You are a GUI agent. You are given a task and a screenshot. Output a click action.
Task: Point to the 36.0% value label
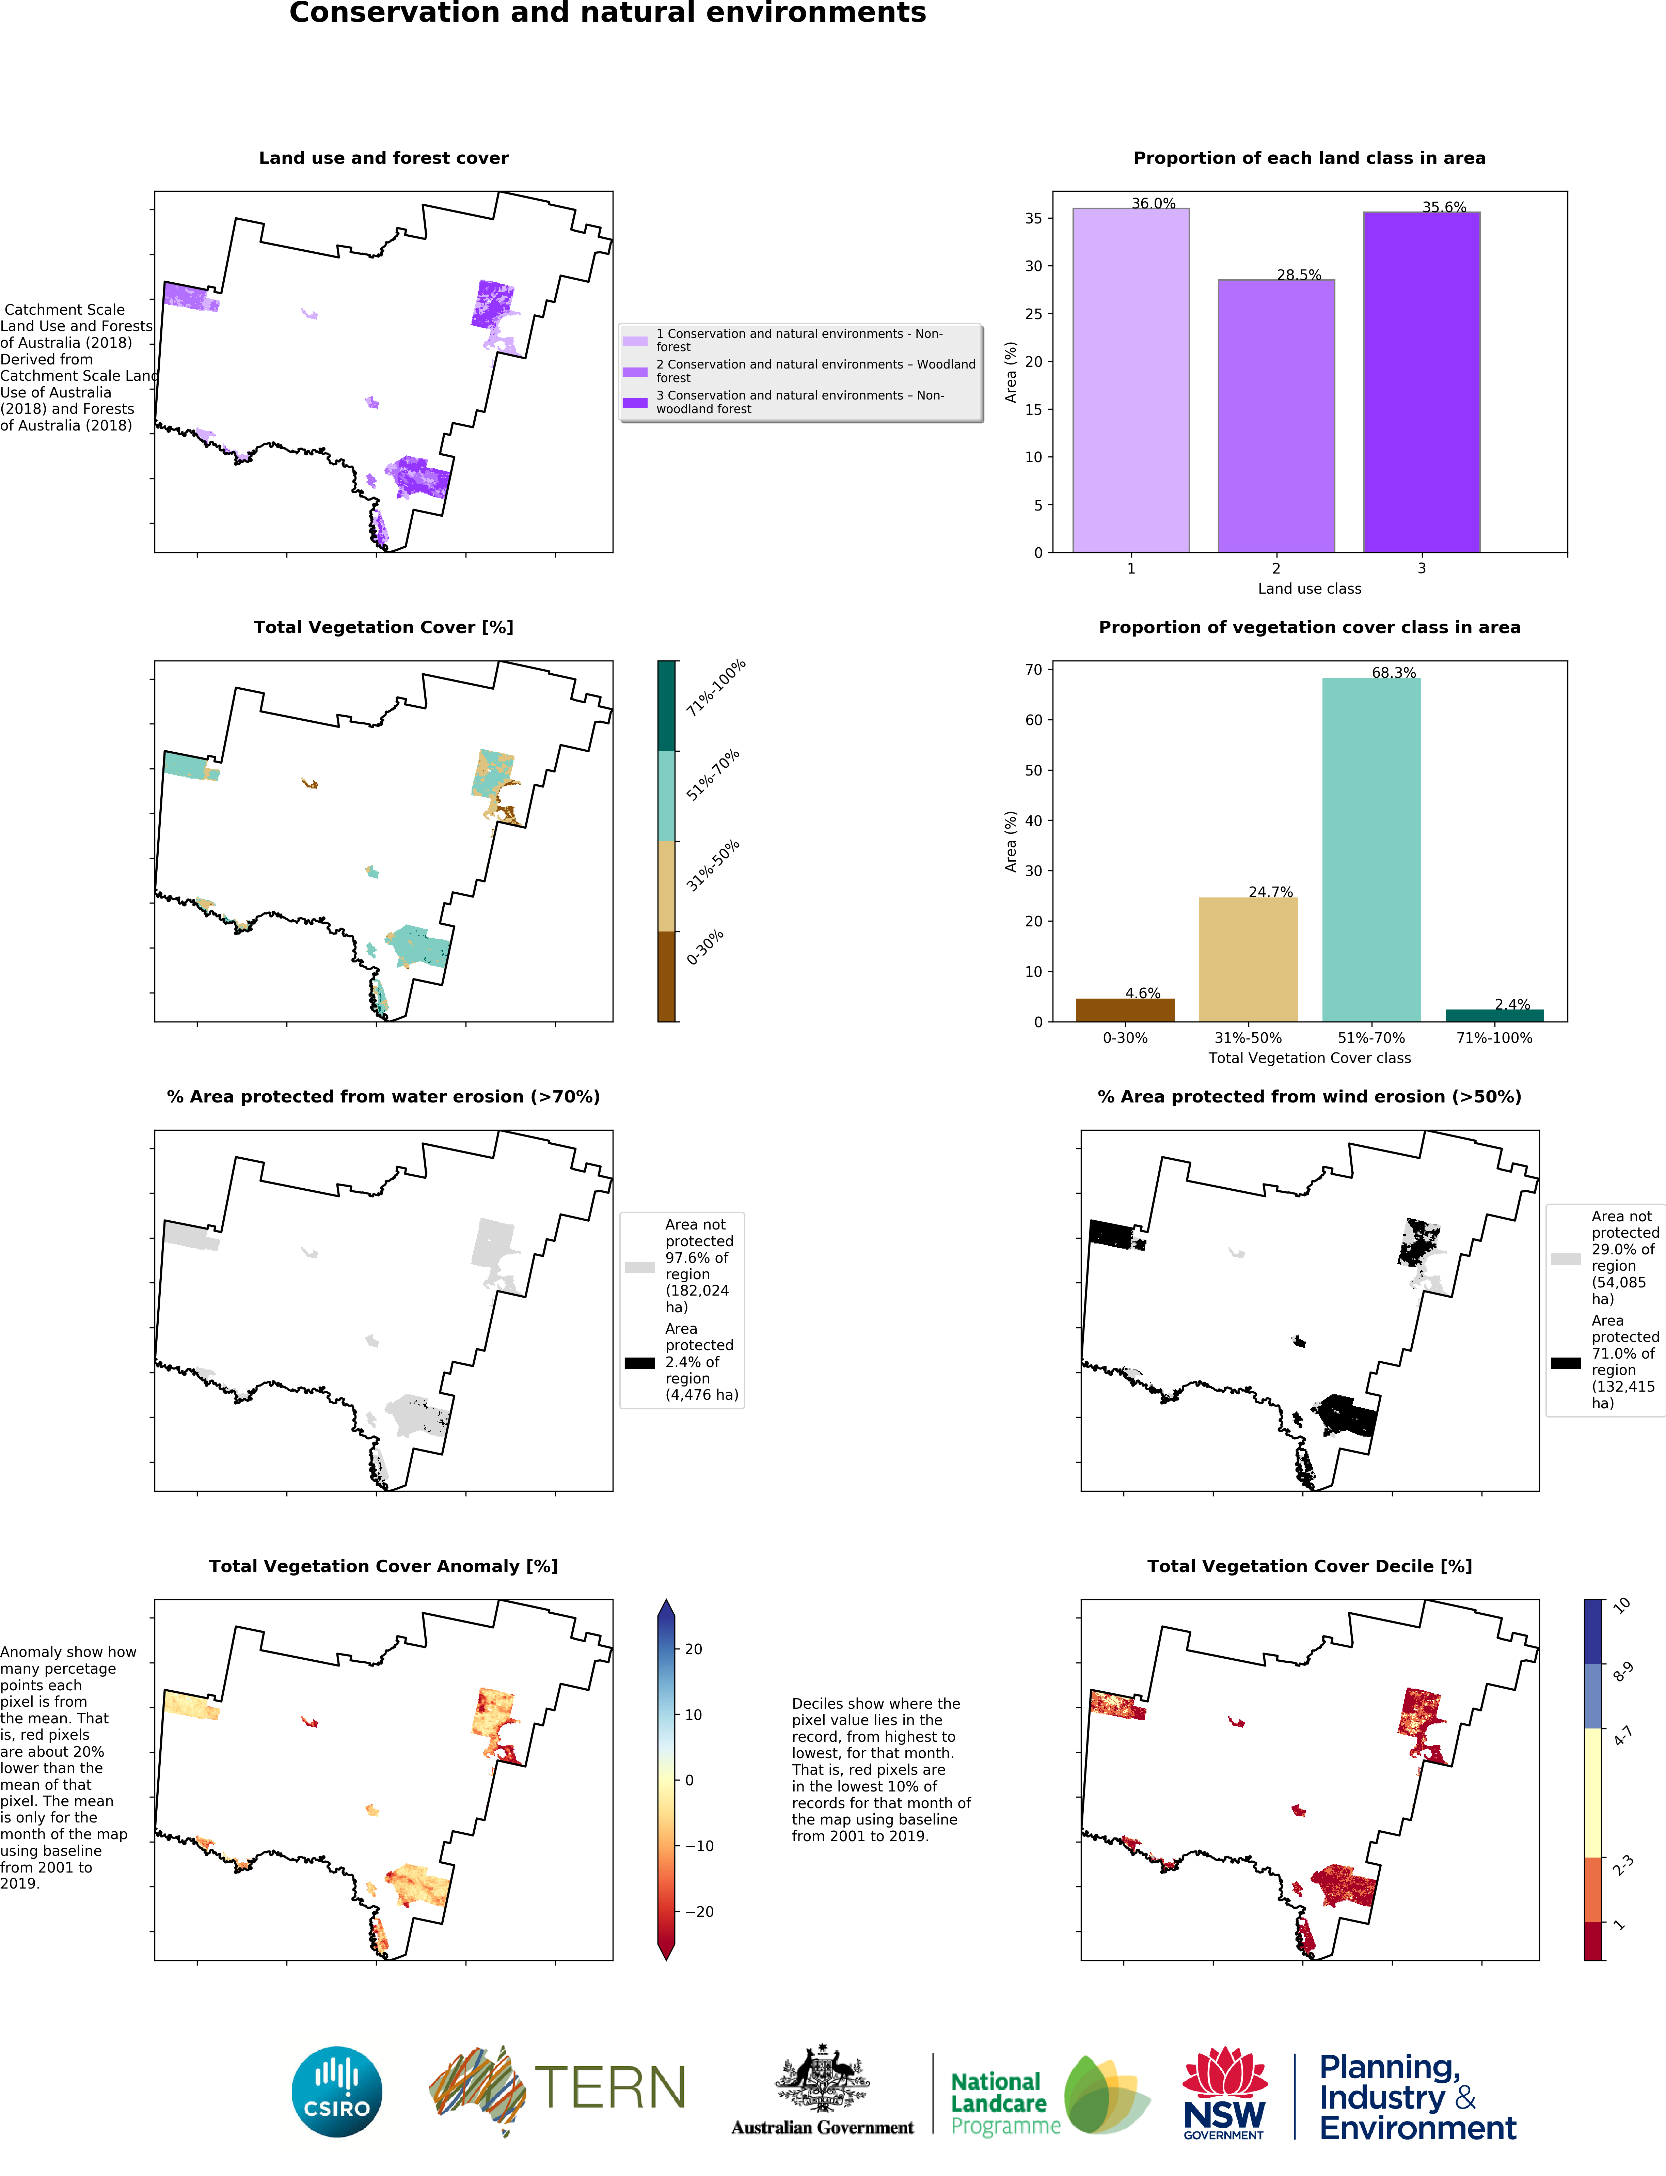point(1153,203)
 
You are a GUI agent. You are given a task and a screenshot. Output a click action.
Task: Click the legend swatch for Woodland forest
point(635,372)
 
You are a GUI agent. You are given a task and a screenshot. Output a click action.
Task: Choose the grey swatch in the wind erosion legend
point(1566,1258)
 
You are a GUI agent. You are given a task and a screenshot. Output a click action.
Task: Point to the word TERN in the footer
point(610,2088)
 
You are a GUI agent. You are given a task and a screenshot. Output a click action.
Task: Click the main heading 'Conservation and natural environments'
point(608,13)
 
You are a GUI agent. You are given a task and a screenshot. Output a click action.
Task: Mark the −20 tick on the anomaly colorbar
point(699,1911)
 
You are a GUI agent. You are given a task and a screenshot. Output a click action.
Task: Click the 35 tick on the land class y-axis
point(1033,218)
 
